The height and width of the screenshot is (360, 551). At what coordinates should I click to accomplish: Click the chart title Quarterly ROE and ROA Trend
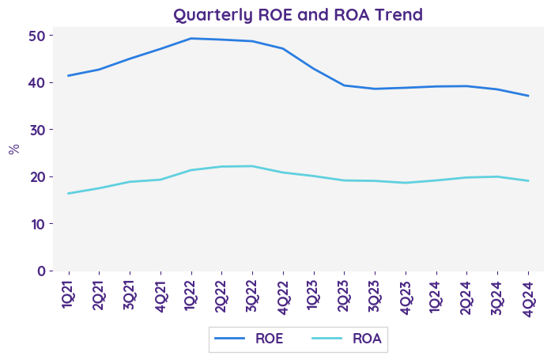298,15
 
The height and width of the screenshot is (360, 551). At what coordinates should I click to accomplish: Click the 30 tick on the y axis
37,130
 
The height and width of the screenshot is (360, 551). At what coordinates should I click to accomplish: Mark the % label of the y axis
14,149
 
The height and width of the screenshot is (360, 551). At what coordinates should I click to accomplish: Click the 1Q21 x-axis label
69,293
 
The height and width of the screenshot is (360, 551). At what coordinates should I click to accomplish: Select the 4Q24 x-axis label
528,293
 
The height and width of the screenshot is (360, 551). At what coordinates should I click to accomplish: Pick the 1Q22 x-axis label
191,293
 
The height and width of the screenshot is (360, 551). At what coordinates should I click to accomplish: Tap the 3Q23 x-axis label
375,293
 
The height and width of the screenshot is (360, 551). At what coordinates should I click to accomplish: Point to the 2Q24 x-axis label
466,293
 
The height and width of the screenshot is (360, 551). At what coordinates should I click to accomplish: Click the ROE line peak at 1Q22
191,38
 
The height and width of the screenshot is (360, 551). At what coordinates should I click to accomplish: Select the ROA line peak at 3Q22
252,166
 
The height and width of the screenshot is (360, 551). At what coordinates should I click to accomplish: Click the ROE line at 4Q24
528,96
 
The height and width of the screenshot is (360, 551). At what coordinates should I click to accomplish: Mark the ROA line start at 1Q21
69,193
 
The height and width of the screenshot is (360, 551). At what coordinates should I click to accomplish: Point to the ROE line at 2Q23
344,85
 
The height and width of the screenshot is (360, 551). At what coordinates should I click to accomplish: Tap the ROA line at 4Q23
406,183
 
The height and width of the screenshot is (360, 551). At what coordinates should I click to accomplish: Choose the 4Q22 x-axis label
283,293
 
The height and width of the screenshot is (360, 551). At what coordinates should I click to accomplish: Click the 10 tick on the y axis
37,224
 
